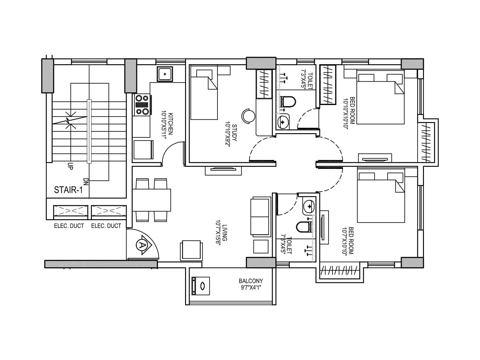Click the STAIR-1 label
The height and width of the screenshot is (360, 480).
click(x=68, y=190)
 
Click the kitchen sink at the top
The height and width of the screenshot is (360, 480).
click(x=165, y=73)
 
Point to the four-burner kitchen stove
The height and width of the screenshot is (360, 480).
click(x=142, y=104)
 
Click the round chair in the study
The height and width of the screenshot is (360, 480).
click(x=249, y=115)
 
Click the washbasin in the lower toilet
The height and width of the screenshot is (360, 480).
click(x=309, y=206)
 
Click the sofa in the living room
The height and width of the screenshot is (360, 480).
click(x=260, y=216)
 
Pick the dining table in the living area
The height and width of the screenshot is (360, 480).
click(x=152, y=200)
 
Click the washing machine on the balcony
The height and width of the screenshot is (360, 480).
click(x=201, y=286)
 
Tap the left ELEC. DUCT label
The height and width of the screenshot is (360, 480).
click(x=69, y=226)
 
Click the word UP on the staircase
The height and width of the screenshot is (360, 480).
click(x=70, y=166)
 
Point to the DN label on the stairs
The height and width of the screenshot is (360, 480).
click(x=86, y=182)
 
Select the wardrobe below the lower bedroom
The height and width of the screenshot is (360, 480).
click(x=340, y=271)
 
